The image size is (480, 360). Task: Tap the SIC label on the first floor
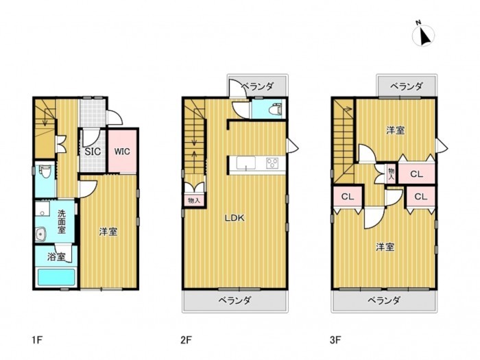point(93,152)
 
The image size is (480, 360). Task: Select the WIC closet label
point(122,152)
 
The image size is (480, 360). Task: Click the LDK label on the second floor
point(235,218)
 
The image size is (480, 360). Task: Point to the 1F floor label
point(37,340)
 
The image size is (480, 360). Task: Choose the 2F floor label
point(186,340)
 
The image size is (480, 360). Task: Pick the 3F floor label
point(335,340)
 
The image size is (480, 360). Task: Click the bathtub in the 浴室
point(56,277)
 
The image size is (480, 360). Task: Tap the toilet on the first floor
point(46,171)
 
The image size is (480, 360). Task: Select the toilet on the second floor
point(276,109)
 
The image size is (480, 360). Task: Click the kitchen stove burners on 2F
point(272,163)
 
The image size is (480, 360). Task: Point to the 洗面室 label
point(62,221)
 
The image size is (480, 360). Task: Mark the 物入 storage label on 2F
point(194,201)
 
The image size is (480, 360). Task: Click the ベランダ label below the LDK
point(235,300)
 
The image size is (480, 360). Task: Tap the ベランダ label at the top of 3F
point(407,86)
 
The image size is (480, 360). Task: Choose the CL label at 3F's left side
point(348,197)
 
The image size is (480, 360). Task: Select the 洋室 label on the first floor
point(108,232)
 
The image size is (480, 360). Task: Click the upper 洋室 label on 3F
point(395,131)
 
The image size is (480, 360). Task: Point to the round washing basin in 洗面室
point(41,235)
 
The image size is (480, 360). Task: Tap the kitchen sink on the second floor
point(245,163)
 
